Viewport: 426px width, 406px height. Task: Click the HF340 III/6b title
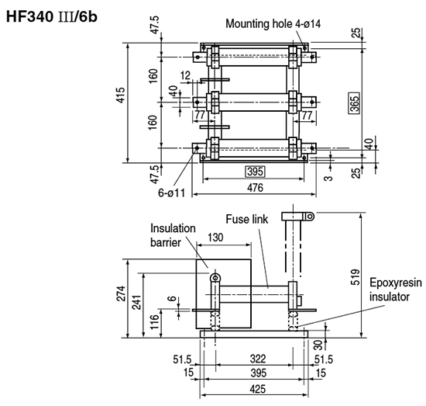pos(52,17)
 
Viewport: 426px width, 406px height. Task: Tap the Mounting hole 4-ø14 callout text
pos(273,24)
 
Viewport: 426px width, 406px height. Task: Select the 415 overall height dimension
pos(121,95)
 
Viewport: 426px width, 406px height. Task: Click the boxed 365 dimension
pos(354,102)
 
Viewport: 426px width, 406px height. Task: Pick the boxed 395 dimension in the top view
pos(256,172)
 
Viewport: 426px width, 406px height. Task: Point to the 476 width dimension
pos(255,188)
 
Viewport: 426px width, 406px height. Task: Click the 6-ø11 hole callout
pos(171,193)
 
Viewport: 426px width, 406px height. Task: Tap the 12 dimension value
pos(186,75)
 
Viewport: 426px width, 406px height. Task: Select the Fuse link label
pos(246,219)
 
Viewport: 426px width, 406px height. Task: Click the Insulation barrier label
pos(173,235)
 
